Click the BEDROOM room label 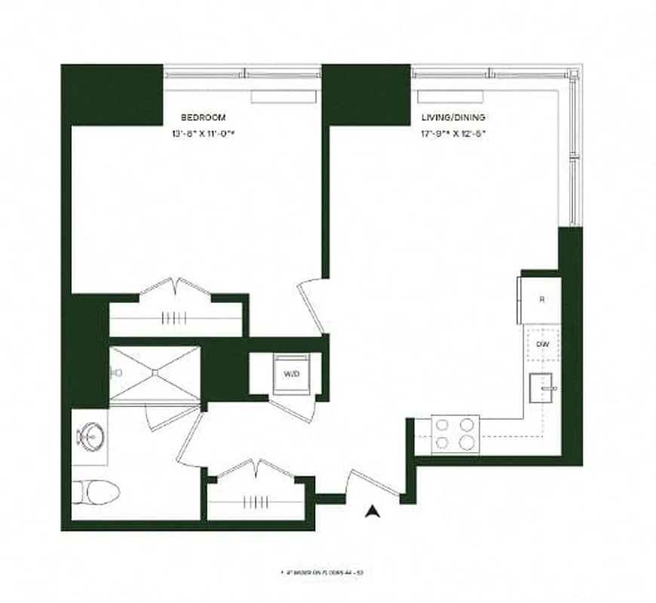point(203,118)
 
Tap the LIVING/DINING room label point(452,118)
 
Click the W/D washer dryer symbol point(292,374)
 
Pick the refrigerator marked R point(541,299)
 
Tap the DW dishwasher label point(541,344)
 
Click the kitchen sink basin point(541,388)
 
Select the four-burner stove point(455,434)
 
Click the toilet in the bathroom point(96,494)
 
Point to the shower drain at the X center point(155,372)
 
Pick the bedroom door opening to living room point(311,305)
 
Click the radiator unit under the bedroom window point(283,96)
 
